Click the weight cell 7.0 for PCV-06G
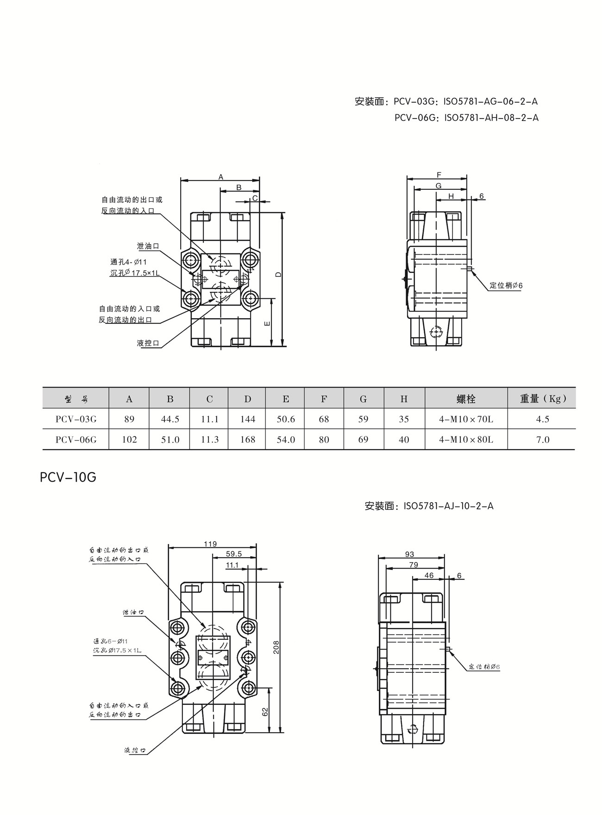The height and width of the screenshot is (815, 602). click(x=542, y=439)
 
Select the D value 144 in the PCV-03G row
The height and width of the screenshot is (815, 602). click(x=248, y=419)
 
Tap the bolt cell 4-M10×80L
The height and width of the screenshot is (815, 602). click(x=466, y=439)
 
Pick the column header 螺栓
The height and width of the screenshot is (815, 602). click(x=466, y=399)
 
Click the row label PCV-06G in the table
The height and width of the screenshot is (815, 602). click(x=76, y=439)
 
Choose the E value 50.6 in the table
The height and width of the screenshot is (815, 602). click(x=286, y=419)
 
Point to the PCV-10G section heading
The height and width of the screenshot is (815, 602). click(x=68, y=477)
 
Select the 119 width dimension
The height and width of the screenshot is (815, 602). click(x=210, y=544)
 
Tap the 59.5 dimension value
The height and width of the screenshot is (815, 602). click(x=234, y=554)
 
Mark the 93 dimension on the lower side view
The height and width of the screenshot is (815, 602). click(x=409, y=554)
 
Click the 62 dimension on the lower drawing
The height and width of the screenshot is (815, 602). click(x=265, y=712)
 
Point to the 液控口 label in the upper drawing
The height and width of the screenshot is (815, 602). click(x=148, y=343)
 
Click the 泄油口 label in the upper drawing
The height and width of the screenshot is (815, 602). click(x=148, y=246)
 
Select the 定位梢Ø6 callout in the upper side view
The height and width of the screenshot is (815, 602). click(x=506, y=286)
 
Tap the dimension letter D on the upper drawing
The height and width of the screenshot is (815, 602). click(x=278, y=274)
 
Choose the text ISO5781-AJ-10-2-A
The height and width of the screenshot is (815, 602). click(x=448, y=506)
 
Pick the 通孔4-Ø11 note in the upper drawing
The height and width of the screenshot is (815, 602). click(x=128, y=262)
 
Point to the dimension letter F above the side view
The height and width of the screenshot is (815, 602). click(x=439, y=175)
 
